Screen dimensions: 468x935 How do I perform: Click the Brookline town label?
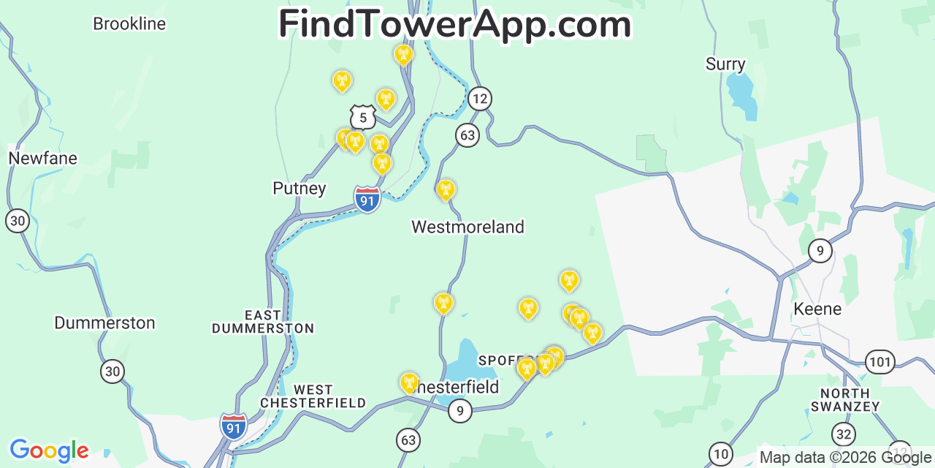click(129, 24)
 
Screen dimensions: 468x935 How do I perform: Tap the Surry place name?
click(725, 64)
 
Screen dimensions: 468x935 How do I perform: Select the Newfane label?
click(42, 158)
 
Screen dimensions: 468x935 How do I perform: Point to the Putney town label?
click(299, 189)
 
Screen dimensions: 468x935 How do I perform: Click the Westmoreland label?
click(467, 227)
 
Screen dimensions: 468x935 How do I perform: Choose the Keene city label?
click(817, 309)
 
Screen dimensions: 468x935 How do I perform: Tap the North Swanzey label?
click(844, 400)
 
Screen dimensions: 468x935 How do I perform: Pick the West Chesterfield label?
click(313, 396)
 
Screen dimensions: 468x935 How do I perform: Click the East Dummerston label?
click(263, 322)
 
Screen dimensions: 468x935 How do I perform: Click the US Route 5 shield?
click(362, 117)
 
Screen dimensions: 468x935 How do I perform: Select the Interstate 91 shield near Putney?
click(367, 199)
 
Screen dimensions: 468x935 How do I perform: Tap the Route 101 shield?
click(880, 361)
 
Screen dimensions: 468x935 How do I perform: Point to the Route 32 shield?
click(844, 434)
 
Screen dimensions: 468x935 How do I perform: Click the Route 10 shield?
click(721, 454)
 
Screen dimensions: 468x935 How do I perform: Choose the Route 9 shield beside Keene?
click(820, 252)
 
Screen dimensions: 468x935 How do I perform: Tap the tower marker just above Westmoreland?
click(446, 189)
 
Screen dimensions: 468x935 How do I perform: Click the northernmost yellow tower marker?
click(403, 54)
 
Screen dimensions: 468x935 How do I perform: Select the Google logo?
click(49, 450)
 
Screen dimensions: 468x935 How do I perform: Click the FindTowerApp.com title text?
click(454, 25)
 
